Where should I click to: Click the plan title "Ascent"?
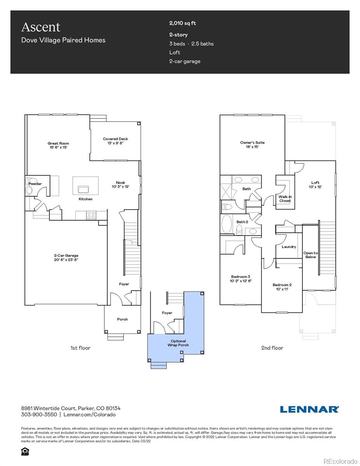(41, 27)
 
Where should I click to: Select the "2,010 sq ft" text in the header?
(183, 23)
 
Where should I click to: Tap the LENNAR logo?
(309, 409)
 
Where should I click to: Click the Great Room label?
(58, 145)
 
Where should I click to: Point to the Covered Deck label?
(115, 141)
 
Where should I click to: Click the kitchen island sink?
(83, 189)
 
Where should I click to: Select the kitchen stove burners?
(91, 215)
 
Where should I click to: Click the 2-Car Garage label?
(66, 257)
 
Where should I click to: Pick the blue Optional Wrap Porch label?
(178, 343)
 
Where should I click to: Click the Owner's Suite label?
(252, 144)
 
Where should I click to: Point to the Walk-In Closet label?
(285, 199)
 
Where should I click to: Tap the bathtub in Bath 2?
(226, 224)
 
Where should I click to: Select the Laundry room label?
(289, 247)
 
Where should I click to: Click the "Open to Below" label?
(310, 255)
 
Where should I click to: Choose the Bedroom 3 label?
(241, 278)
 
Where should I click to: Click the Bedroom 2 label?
(282, 287)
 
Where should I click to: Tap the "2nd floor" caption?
(272, 348)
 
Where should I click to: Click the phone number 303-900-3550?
(39, 414)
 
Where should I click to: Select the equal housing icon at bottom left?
(25, 451)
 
